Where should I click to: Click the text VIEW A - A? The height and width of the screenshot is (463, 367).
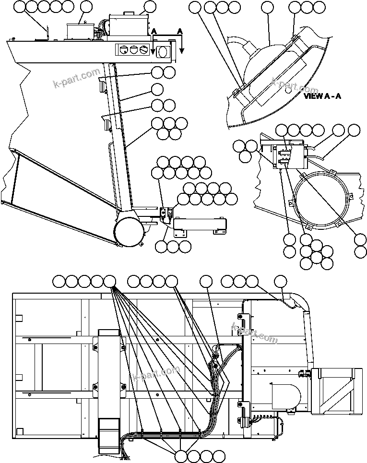pyautogui.click(x=322, y=96)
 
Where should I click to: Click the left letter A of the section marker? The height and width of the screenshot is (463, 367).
pyautogui.click(x=154, y=31)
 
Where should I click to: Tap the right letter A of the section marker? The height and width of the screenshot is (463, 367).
pyautogui.click(x=180, y=31)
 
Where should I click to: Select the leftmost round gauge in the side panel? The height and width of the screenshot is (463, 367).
pyautogui.click(x=123, y=50)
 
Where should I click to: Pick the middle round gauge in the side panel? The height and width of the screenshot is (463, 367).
pyautogui.click(x=133, y=50)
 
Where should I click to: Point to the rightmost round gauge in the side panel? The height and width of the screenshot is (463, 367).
pyautogui.click(x=143, y=50)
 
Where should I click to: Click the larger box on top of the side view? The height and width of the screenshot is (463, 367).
pyautogui.click(x=128, y=25)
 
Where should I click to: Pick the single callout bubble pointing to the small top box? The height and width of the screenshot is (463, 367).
pyautogui.click(x=86, y=7)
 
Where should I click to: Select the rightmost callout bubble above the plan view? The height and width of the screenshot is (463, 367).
pyautogui.click(x=280, y=281)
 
